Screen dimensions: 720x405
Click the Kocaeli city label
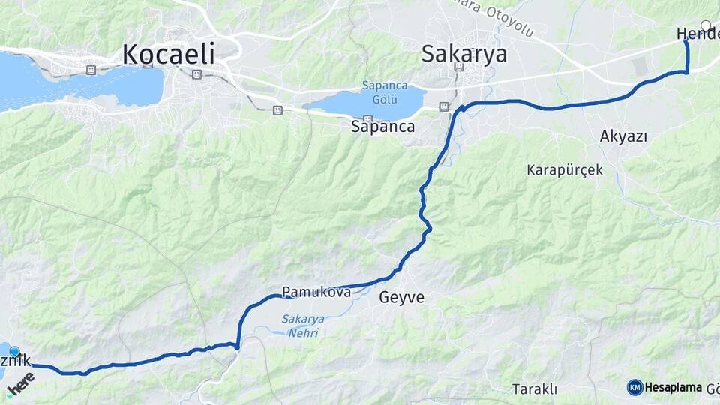(x=168, y=54)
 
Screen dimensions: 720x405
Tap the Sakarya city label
(x=463, y=54)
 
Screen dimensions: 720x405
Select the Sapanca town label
(x=382, y=127)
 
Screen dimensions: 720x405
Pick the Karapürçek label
(x=564, y=170)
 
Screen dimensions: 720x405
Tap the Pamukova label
(x=316, y=292)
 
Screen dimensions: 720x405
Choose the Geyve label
(x=402, y=298)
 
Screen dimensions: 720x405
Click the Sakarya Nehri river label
(x=303, y=325)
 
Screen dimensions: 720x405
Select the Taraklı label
(x=534, y=388)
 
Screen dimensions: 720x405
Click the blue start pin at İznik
(x=14, y=351)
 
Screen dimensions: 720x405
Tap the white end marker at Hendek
(x=706, y=25)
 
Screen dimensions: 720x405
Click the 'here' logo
(x=21, y=382)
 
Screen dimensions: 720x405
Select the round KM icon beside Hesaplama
(x=635, y=387)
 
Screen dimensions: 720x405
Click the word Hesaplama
(x=673, y=387)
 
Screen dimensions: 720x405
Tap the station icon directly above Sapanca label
(x=367, y=118)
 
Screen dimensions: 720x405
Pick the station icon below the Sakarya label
(x=459, y=67)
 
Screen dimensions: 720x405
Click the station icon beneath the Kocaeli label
(x=196, y=74)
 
